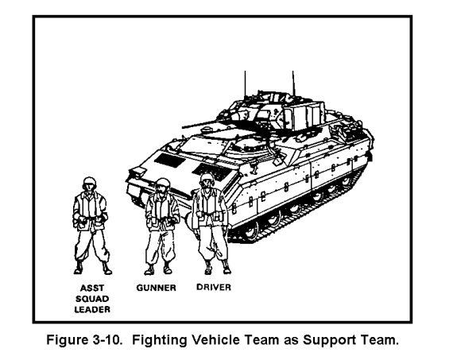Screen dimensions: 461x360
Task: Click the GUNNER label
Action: tap(156, 288)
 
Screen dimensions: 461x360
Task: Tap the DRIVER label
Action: tap(214, 287)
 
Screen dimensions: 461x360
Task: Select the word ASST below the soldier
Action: tap(92, 288)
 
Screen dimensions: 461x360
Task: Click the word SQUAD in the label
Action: tap(92, 299)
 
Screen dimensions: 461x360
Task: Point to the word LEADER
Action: tap(92, 309)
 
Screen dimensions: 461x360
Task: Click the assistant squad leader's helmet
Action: tap(89, 182)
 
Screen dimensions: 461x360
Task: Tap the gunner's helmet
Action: tap(162, 183)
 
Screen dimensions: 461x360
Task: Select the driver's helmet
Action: tap(207, 177)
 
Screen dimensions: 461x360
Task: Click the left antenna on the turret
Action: tap(245, 84)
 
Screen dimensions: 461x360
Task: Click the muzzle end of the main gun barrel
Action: tap(183, 127)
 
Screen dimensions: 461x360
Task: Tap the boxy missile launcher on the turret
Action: tap(304, 115)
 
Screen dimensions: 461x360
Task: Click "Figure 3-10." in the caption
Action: tap(83, 339)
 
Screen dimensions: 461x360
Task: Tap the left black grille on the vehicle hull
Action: tap(169, 161)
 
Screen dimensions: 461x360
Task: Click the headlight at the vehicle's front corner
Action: tap(138, 172)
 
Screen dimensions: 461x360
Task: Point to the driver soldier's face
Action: tap(207, 184)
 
